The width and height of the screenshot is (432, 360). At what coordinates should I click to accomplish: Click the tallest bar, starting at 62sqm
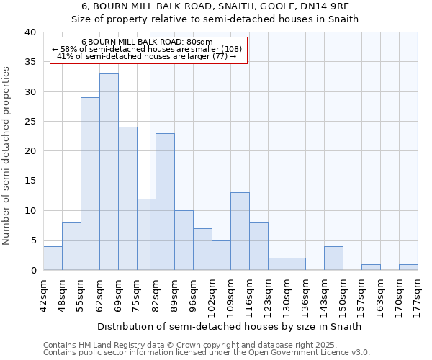point(109,172)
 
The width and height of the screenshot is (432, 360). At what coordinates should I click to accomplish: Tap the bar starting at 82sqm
point(165,202)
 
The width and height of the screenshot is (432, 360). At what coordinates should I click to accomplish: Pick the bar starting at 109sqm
point(240,231)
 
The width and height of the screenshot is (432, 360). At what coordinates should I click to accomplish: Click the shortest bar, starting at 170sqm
point(408,267)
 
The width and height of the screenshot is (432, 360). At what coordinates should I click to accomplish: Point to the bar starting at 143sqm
point(333,258)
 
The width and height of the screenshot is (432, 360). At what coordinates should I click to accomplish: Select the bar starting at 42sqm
point(53,258)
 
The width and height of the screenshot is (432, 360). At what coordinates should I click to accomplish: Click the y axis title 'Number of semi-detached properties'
point(6,156)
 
